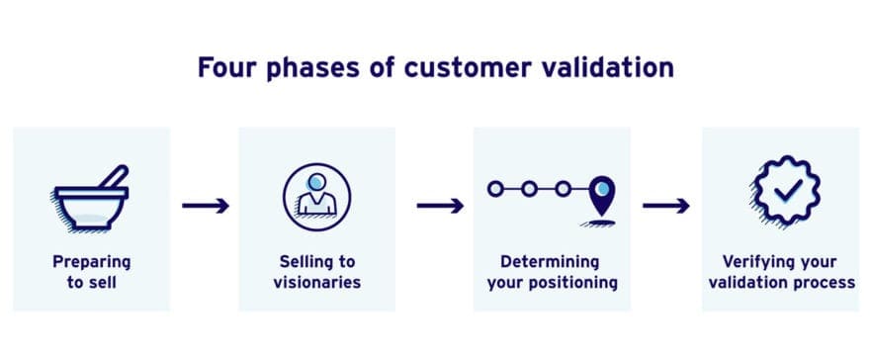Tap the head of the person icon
point(316,184)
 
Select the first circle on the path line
point(496,188)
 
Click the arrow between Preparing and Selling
point(206,206)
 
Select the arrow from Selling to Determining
point(440,206)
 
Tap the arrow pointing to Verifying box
point(666,206)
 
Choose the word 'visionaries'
point(316,283)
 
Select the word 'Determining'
point(550,262)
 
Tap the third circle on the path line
point(563,188)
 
